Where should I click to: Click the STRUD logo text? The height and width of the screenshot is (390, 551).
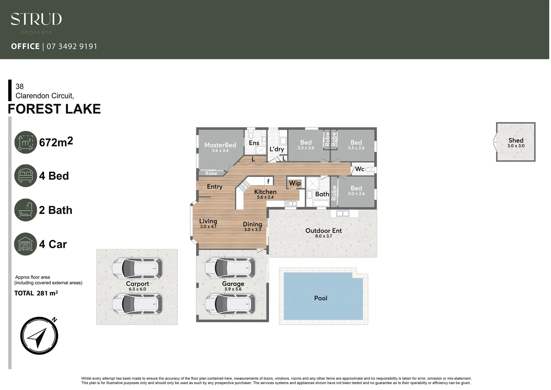pos(36,19)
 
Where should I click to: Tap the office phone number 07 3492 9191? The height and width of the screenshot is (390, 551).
pos(72,47)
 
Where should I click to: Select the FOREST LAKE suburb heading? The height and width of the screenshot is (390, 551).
pos(54,109)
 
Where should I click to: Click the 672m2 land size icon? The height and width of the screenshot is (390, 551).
pos(26,142)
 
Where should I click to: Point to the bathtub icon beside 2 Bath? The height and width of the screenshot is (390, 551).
pos(26,210)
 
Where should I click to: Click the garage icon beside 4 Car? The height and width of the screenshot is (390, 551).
pos(26,244)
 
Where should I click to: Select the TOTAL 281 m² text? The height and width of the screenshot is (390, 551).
pos(36,293)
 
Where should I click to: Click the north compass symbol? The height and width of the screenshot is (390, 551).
pos(39,336)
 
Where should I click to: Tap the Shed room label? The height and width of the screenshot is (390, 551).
pos(516,140)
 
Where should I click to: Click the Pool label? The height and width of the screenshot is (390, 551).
pos(321,298)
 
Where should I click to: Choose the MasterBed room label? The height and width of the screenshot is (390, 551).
pos(220,145)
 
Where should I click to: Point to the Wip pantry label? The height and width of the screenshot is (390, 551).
pos(295,183)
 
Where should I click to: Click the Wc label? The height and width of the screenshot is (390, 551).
pos(360,169)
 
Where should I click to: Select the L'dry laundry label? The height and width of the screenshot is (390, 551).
pos(277,149)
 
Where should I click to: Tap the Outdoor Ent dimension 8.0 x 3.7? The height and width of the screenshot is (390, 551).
pos(323,236)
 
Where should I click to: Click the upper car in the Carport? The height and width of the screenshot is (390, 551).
pos(137,268)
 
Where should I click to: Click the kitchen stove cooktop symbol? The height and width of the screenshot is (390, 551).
pos(244,186)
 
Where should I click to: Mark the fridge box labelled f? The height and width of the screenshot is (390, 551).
pos(268,181)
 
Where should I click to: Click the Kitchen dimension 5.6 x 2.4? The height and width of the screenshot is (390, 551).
pos(265,197)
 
